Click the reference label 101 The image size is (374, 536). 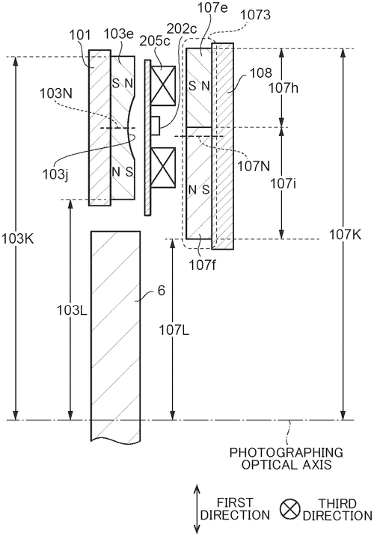(x=80, y=35)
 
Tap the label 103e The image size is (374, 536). (x=118, y=34)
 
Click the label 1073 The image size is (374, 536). (x=255, y=15)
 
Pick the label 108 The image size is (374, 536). (x=261, y=73)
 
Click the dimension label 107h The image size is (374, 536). (x=283, y=88)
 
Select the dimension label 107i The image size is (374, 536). (x=283, y=184)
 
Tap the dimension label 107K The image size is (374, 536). (x=345, y=235)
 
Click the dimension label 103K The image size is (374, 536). (x=17, y=239)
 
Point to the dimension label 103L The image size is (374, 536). (x=72, y=310)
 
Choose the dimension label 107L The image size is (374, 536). (x=174, y=330)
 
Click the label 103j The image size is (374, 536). (x=55, y=175)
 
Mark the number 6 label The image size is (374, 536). (x=161, y=291)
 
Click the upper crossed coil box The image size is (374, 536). (x=163, y=86)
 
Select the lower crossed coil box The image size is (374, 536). (x=163, y=167)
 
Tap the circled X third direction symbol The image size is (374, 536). (x=289, y=508)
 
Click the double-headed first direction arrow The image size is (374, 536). (x=197, y=508)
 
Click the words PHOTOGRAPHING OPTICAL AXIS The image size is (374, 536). (x=286, y=458)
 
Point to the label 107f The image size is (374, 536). (x=203, y=265)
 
